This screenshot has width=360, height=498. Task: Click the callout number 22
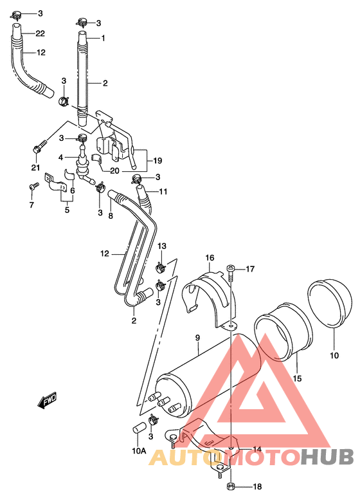(40, 33)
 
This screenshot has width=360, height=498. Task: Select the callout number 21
(35, 169)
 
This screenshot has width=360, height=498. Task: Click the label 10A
(140, 450)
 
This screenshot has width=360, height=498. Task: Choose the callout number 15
(297, 378)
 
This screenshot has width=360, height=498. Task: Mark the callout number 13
(162, 246)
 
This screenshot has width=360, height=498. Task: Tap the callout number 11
(163, 192)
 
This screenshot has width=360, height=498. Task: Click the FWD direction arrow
(46, 402)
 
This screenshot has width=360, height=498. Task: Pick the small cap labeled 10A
(136, 429)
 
